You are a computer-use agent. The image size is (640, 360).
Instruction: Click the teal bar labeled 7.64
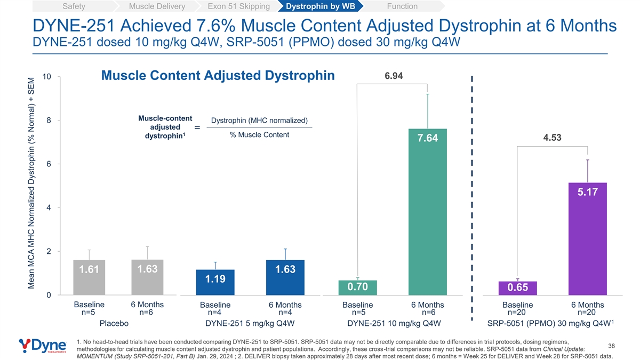tap(427, 212)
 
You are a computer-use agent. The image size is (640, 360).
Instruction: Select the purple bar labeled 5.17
tap(587, 239)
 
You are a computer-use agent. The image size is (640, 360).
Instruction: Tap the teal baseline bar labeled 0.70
tap(358, 287)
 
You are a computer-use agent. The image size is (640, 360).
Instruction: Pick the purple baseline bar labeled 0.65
tap(518, 288)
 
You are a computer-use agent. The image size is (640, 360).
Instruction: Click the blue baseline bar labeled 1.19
tap(215, 282)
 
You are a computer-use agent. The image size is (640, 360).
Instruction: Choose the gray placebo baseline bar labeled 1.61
tap(89, 277)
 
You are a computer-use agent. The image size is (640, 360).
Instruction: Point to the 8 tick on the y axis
tap(49, 121)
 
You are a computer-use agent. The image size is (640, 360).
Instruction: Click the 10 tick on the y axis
tap(46, 77)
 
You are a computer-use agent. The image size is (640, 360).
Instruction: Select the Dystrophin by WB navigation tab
tap(321, 6)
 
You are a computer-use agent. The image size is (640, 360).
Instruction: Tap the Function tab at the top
tap(402, 6)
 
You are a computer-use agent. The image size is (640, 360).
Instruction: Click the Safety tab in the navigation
tap(74, 6)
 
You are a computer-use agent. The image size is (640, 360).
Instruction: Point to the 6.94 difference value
tap(394, 76)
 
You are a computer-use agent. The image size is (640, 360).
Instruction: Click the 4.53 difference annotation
tap(553, 138)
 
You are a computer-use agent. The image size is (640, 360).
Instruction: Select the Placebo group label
tap(114, 323)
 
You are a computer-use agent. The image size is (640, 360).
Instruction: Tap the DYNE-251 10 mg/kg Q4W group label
tap(394, 323)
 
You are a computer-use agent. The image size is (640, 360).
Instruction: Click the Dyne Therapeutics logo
tap(43, 346)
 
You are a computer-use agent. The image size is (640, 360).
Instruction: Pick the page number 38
tap(611, 346)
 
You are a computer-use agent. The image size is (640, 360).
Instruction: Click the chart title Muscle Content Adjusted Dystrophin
tap(218, 75)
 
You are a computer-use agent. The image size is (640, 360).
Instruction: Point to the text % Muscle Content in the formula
tap(259, 134)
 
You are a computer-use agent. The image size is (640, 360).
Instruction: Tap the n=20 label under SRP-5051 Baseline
tap(517, 313)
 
